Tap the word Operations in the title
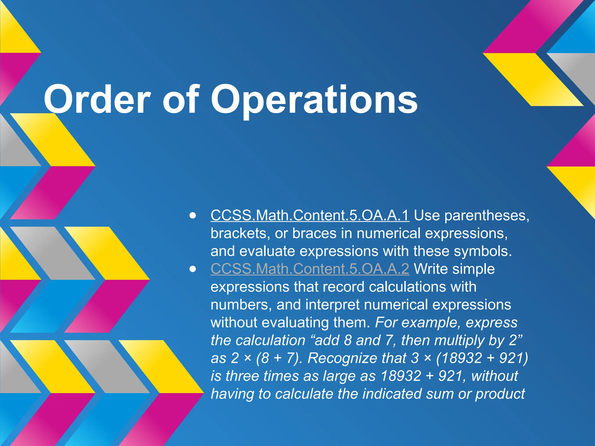click(314, 99)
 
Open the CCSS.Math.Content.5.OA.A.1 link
click(310, 215)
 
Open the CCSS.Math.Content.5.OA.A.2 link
click(310, 269)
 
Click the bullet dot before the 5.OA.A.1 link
click(192, 216)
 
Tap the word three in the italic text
click(242, 376)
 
